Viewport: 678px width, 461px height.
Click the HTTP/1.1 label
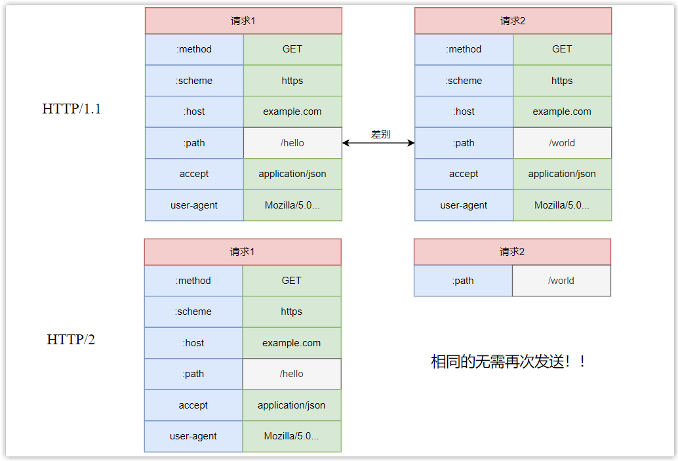click(x=71, y=109)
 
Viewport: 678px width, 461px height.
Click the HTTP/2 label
click(x=71, y=340)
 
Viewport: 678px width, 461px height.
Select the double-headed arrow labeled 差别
click(x=378, y=143)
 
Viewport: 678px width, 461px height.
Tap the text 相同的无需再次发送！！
click(x=508, y=361)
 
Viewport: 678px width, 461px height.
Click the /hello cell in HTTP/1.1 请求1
click(x=292, y=143)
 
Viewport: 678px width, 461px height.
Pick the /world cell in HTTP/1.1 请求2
click(x=562, y=143)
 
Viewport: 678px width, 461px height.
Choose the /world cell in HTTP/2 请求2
click(x=561, y=281)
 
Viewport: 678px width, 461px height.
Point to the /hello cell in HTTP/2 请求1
click(x=292, y=374)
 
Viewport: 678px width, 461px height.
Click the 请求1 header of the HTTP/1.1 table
click(x=243, y=21)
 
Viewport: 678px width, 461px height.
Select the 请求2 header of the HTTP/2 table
click(x=512, y=252)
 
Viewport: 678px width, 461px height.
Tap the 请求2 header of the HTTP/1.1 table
click(x=513, y=21)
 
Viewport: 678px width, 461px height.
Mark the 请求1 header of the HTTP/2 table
click(x=243, y=252)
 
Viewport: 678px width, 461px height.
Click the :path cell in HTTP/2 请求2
click(x=463, y=281)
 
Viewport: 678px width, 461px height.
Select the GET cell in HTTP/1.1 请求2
click(x=562, y=49)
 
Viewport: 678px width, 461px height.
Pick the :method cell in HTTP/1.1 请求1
click(x=194, y=49)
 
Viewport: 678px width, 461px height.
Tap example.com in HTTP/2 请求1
click(x=292, y=343)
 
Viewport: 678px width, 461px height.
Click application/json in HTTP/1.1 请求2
click(x=562, y=174)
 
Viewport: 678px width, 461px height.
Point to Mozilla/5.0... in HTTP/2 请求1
click(x=292, y=436)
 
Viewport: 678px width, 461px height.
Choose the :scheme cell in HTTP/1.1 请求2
click(x=464, y=81)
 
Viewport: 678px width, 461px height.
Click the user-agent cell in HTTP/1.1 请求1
click(x=194, y=205)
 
